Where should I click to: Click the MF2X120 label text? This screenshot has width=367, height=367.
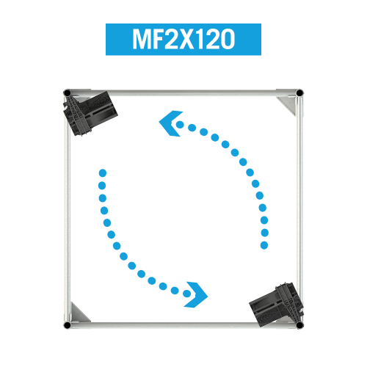pos(183,39)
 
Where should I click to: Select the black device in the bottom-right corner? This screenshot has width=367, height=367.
pos(277,304)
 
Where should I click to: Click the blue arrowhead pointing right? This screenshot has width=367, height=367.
pos(197,295)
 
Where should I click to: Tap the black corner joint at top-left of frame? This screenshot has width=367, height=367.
pos(67,93)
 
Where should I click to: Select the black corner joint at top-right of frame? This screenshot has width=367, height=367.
pos(299,93)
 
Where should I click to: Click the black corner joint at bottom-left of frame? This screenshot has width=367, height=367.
pos(67,325)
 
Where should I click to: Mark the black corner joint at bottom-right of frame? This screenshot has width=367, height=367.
pos(299,325)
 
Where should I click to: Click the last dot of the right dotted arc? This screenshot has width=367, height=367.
pos(264,245)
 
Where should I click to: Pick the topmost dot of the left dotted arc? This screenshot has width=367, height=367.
pos(103,173)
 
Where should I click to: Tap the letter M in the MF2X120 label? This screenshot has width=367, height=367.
pos(141,39)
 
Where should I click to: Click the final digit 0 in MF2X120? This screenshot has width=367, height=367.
pos(228,39)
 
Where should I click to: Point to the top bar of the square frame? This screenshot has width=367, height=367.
pos(183,92)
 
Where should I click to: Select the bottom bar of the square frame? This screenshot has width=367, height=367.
pos(183,325)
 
